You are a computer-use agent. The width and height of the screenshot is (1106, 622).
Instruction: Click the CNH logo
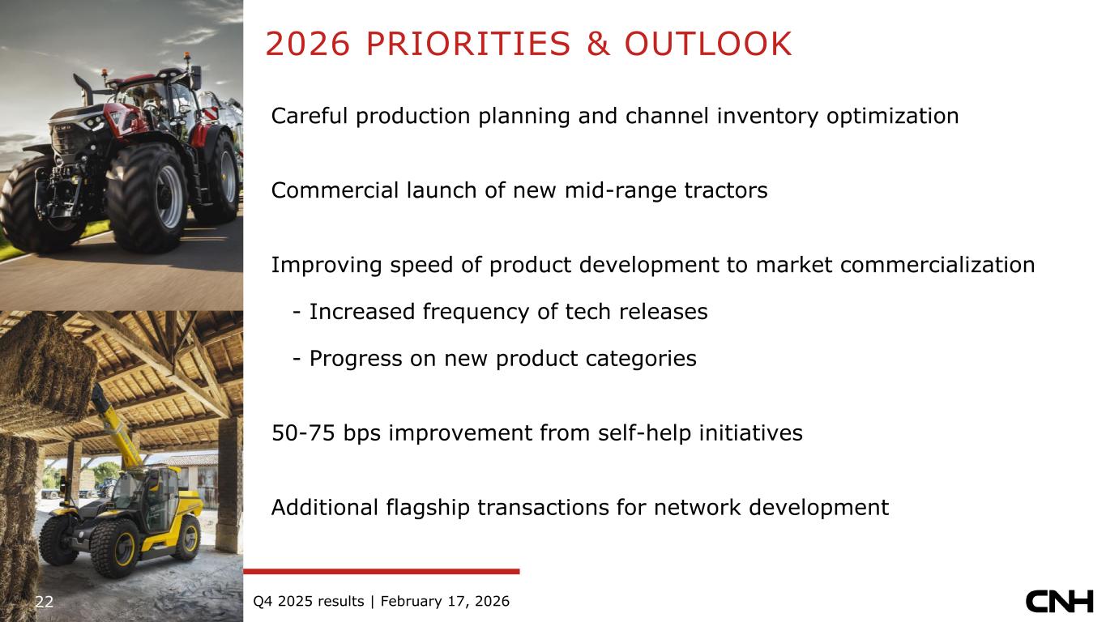1059,601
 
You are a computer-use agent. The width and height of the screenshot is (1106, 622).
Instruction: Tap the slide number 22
44,602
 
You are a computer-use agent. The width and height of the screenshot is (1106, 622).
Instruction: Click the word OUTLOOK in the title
708,44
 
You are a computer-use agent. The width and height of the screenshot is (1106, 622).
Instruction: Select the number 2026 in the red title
308,44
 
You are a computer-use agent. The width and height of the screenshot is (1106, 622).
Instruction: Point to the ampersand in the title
598,44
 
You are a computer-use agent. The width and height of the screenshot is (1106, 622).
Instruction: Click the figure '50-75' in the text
303,433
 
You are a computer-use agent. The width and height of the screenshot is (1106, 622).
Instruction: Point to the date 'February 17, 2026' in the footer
445,602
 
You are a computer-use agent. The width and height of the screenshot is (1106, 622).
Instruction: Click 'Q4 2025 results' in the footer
309,601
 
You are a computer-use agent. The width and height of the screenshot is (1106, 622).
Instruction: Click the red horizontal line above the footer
381,571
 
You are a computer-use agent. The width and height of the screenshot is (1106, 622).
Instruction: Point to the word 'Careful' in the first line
310,117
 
